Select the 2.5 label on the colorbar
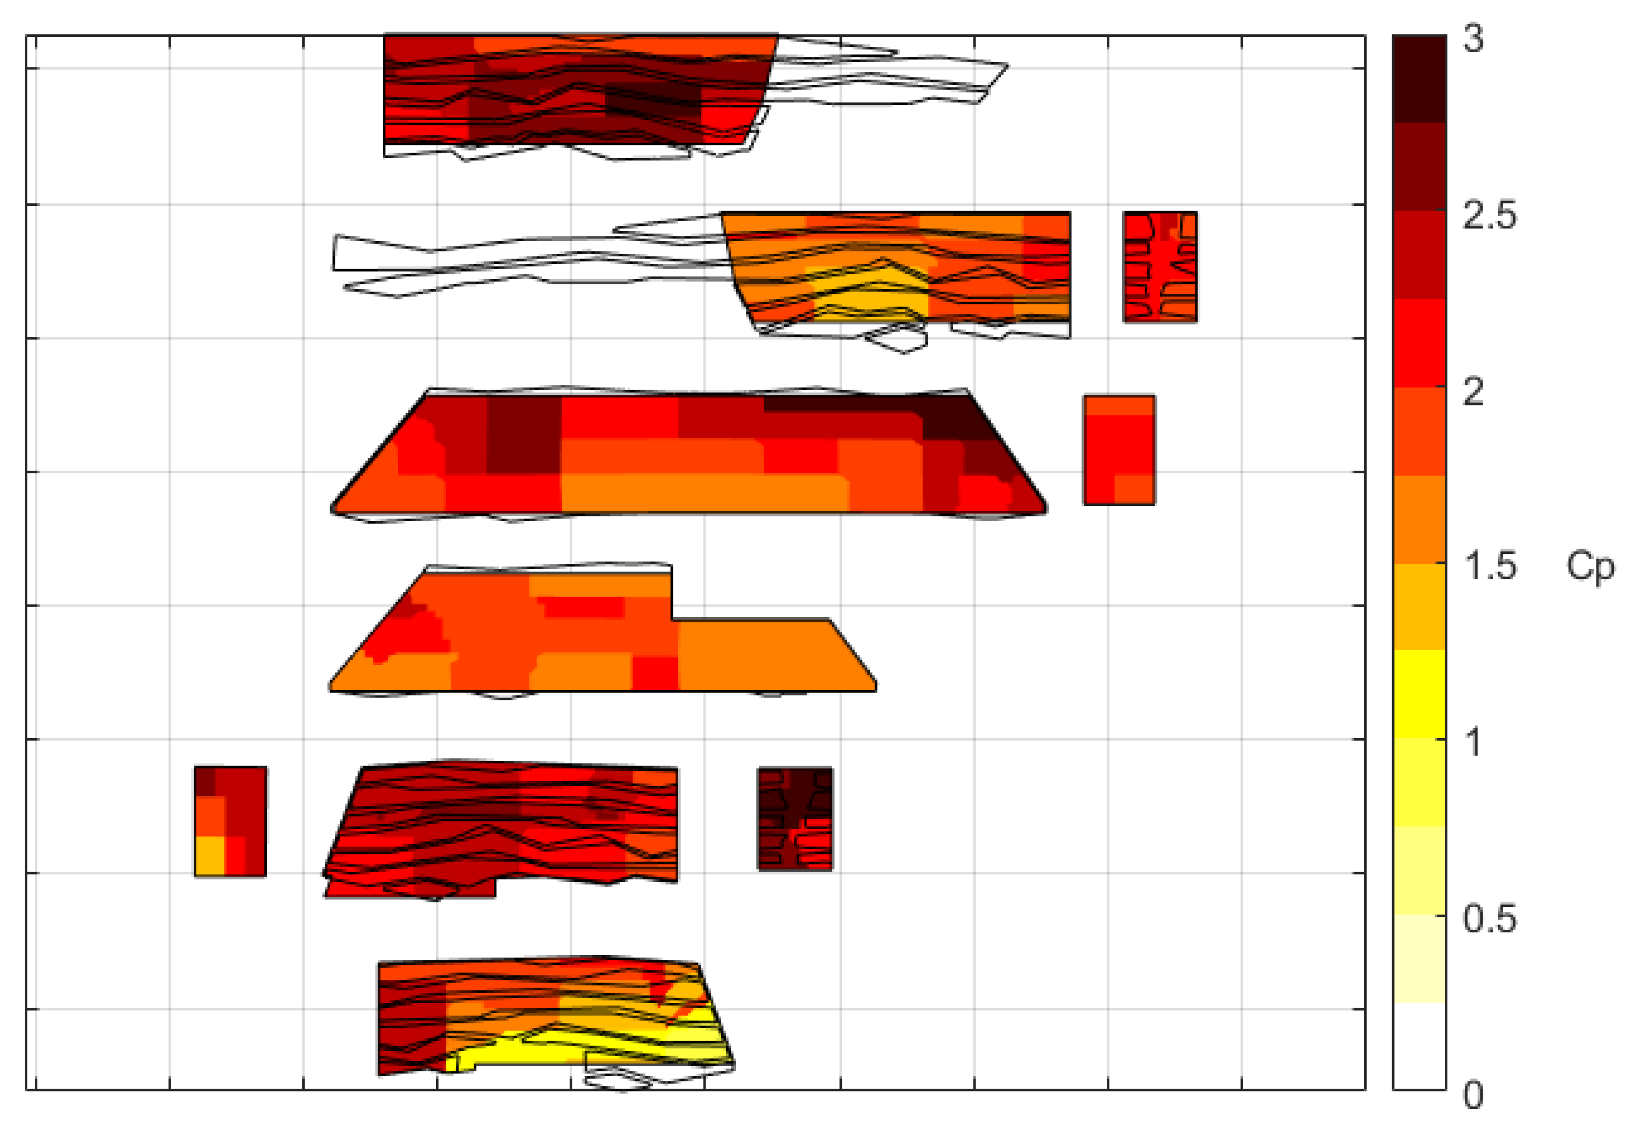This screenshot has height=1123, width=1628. (x=1488, y=215)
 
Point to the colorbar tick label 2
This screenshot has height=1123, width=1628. (x=1473, y=391)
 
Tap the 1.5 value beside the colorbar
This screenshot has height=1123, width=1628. (x=1488, y=567)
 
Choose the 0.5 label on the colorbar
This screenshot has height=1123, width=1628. (x=1488, y=919)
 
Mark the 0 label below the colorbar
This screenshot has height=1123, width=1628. (x=1473, y=1095)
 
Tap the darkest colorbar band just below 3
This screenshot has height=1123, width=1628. (x=1419, y=79)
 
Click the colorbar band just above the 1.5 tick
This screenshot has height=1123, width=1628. (x=1419, y=519)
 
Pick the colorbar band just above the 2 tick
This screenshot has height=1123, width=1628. (x=1419, y=343)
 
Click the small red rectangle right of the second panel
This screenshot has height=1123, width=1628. (x=1159, y=267)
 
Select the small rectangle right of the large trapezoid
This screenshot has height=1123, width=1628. (x=1119, y=450)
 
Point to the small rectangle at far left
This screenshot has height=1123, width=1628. (x=230, y=821)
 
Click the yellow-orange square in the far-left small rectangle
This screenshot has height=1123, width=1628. (x=209, y=856)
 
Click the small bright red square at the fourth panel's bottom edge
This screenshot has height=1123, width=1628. (x=654, y=673)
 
